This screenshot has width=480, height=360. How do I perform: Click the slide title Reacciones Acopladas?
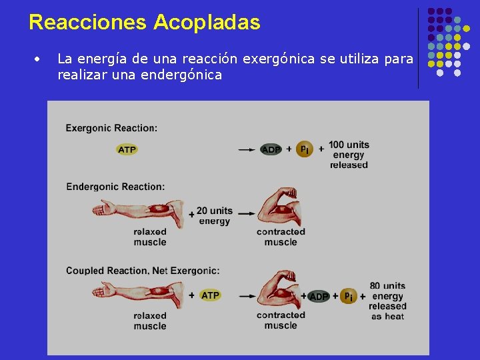click(x=145, y=22)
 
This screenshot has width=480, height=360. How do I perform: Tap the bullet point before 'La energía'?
click(x=39, y=59)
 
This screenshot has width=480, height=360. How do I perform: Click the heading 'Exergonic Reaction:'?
click(x=111, y=128)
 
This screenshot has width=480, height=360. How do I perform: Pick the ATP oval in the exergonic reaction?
click(x=127, y=150)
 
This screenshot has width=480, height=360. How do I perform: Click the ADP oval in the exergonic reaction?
click(x=271, y=150)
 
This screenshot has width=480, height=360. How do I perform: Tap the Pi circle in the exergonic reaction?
click(x=304, y=149)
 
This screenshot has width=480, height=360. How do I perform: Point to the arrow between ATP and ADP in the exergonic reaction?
click(x=247, y=150)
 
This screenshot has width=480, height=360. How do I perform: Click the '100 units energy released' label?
click(x=349, y=155)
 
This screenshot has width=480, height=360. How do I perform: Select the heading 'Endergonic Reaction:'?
click(x=115, y=187)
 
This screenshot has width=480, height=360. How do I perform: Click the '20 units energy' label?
click(x=214, y=216)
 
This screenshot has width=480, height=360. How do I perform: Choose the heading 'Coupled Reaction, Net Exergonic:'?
click(x=143, y=271)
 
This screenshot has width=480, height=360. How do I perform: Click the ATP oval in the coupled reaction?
click(x=210, y=295)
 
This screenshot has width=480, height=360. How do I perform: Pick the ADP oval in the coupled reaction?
click(x=319, y=296)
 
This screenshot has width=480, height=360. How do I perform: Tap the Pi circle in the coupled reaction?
click(x=349, y=295)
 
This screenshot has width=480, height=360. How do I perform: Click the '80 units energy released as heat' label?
click(x=387, y=301)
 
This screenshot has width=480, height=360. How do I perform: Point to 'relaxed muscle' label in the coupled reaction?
click(x=150, y=321)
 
